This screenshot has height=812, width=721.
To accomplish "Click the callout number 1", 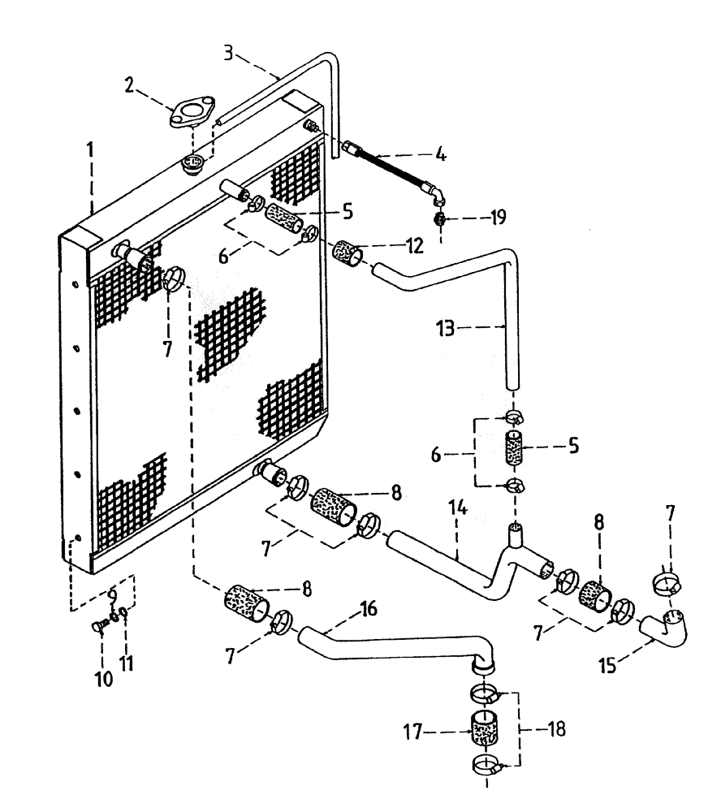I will coord(90,151).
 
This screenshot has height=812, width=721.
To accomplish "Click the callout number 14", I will coord(457,513).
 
